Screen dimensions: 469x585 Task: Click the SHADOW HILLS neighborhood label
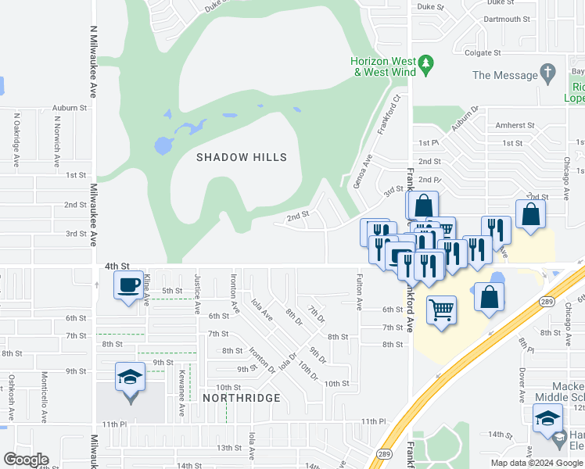[242, 157]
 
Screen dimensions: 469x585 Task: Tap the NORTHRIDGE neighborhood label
[242, 398]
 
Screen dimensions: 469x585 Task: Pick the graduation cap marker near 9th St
[129, 377]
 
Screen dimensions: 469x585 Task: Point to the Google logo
[26, 460]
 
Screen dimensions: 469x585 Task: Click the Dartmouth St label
[507, 20]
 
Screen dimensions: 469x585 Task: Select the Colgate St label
[483, 53]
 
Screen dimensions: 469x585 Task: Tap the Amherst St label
[514, 125]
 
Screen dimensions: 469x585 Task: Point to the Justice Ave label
[197, 294]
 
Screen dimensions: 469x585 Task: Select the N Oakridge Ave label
[16, 141]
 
